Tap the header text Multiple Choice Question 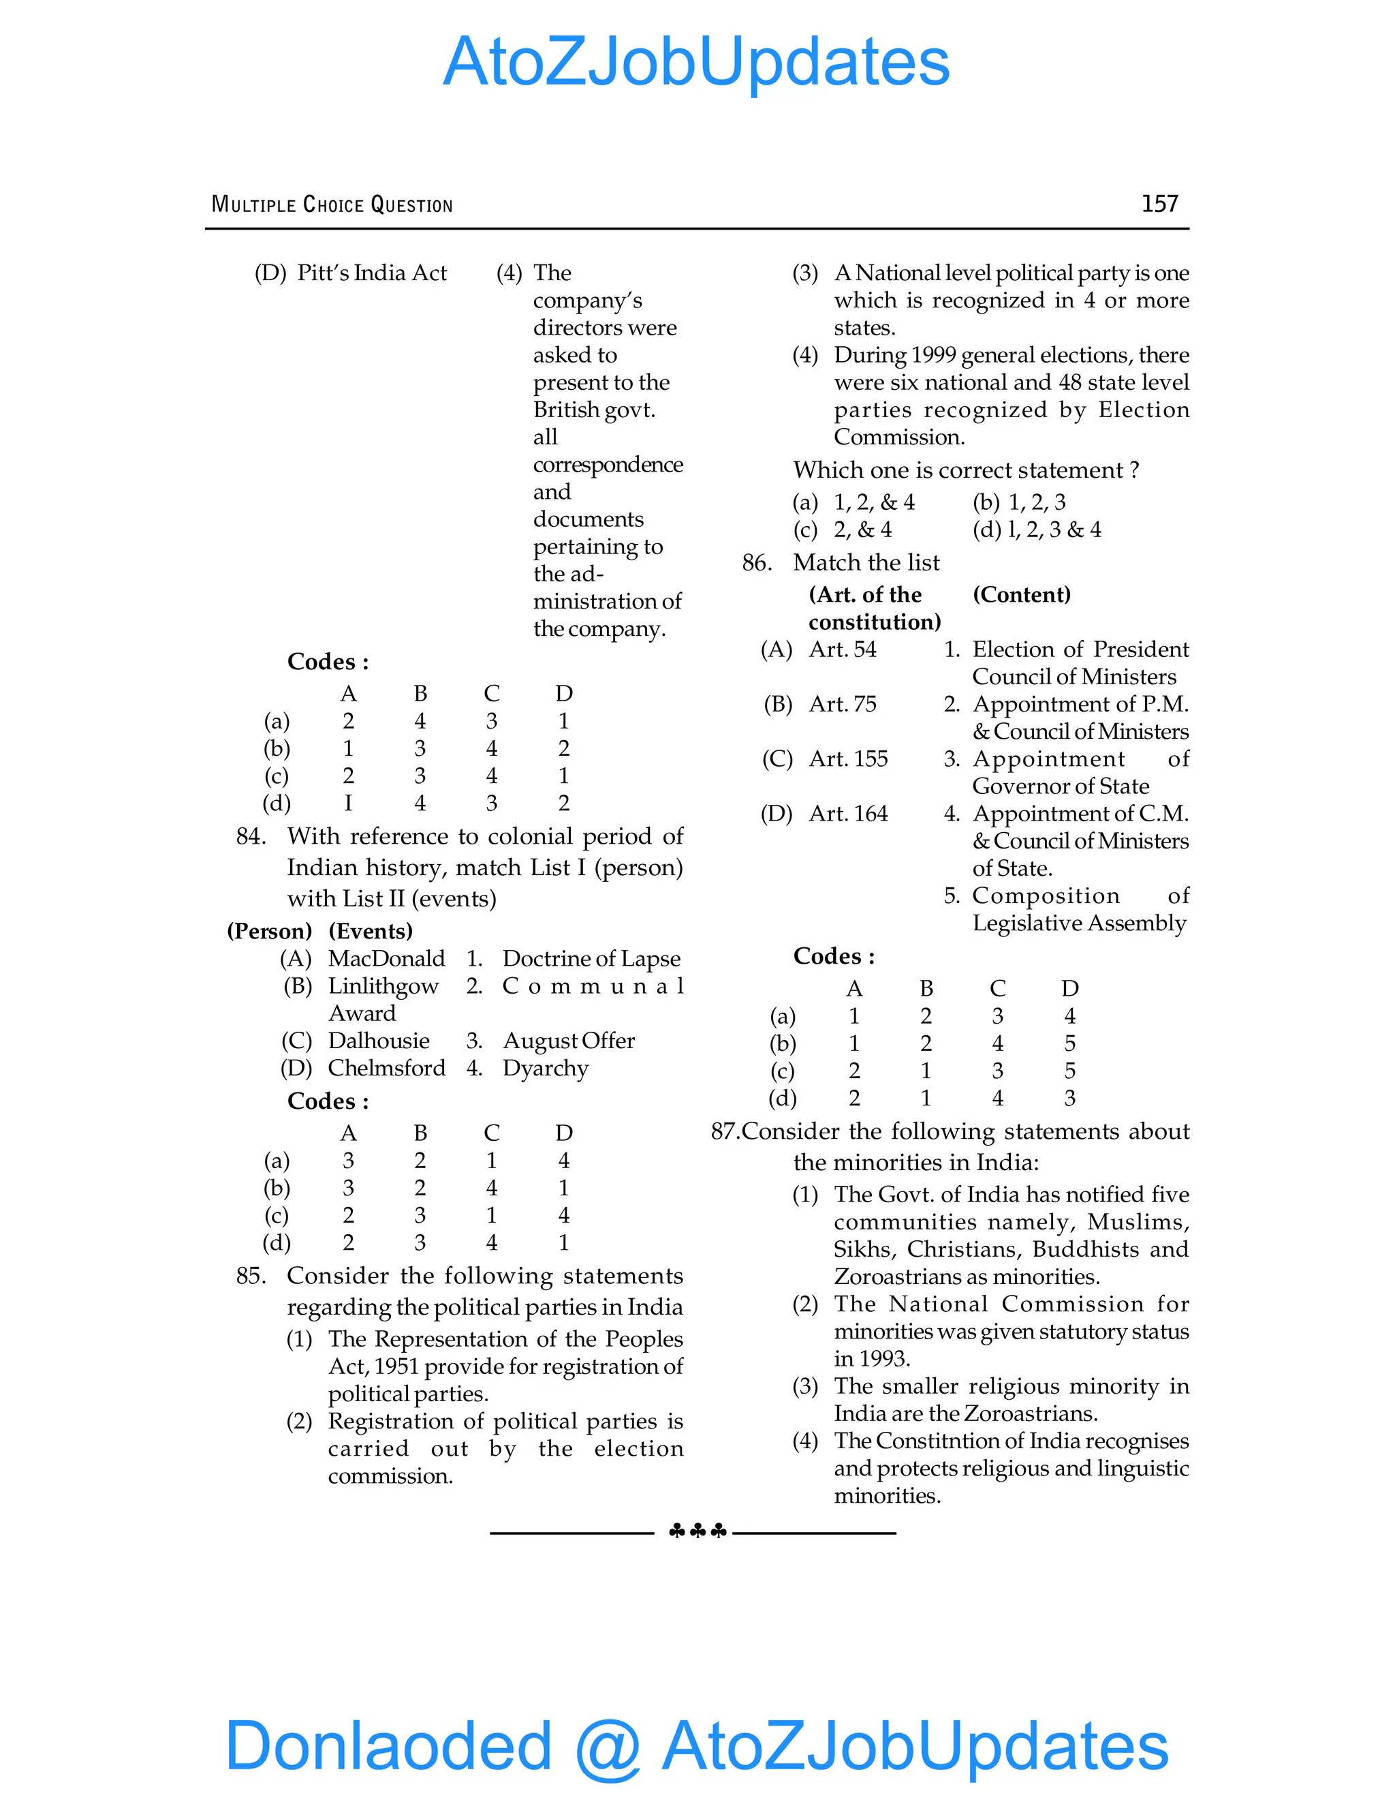pyautogui.click(x=332, y=205)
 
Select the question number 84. pyautogui.click(x=251, y=836)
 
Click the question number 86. pyautogui.click(x=756, y=563)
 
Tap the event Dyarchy pyautogui.click(x=546, y=1069)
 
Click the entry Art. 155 pyautogui.click(x=848, y=759)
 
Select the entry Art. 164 pyautogui.click(x=848, y=814)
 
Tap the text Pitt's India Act pyautogui.click(x=372, y=273)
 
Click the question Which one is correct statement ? pyautogui.click(x=965, y=470)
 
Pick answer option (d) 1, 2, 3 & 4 pyautogui.click(x=1037, y=530)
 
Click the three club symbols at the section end pyautogui.click(x=697, y=1531)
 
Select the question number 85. pyautogui.click(x=251, y=1276)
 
